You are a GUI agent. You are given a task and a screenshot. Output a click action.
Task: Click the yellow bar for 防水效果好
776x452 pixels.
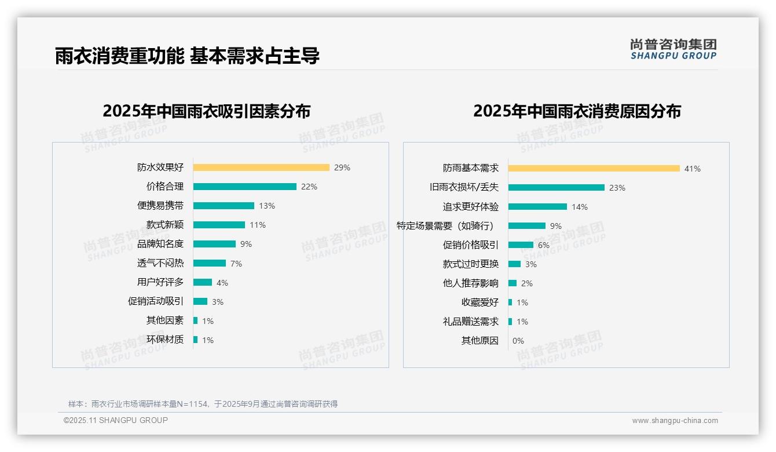coord(261,167)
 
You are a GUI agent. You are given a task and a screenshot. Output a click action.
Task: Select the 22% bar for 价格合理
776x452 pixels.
coord(244,187)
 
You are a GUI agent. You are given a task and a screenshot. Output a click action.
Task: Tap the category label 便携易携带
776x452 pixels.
coord(160,206)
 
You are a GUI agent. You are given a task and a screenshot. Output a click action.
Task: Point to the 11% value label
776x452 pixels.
coord(258,225)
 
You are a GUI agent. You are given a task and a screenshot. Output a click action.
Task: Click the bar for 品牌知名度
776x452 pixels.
coord(214,244)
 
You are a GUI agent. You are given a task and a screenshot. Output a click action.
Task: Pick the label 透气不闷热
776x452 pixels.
coord(160,263)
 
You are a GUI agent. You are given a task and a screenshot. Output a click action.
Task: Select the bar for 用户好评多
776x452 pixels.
coord(203,282)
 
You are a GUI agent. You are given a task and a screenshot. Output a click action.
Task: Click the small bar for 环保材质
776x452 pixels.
coord(195,340)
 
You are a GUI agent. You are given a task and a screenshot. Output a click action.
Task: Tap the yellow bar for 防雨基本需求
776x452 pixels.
coord(594,169)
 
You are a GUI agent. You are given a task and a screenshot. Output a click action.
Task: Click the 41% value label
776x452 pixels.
coord(692,169)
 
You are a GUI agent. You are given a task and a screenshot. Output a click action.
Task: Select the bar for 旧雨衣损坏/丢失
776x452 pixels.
coord(557,188)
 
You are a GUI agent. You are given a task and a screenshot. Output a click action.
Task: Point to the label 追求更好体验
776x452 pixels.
coord(470,207)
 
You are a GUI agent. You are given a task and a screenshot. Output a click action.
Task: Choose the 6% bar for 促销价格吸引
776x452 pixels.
coord(521,245)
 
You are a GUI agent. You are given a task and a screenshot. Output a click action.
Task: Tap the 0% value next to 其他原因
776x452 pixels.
coord(518,341)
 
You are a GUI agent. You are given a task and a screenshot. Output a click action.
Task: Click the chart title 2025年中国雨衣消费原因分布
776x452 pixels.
coord(577,111)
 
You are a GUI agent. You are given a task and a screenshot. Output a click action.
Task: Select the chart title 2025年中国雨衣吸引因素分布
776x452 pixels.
coord(207,111)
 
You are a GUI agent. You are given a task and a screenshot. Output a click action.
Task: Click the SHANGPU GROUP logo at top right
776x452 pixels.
coord(673,49)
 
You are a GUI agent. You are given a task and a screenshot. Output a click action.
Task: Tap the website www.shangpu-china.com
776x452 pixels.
coord(675,421)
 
